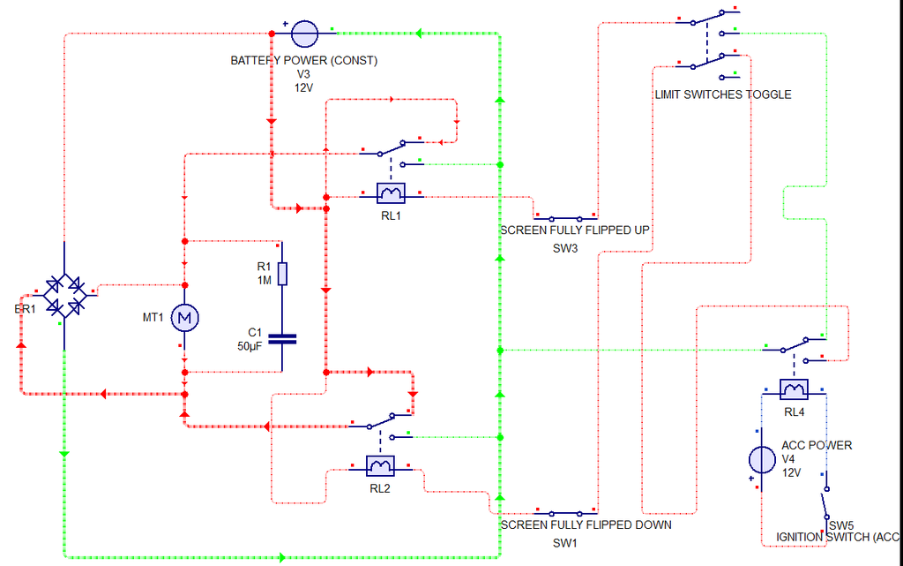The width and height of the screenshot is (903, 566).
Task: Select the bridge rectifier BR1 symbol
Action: (63, 296)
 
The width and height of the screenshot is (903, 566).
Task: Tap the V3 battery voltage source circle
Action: (304, 34)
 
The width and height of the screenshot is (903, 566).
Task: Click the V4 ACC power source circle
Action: (761, 459)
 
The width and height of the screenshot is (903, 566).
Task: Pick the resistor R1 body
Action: (282, 274)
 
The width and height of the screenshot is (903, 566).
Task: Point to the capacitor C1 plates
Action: (282, 338)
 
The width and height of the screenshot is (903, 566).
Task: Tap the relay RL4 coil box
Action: (795, 389)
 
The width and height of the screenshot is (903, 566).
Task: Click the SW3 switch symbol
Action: (564, 217)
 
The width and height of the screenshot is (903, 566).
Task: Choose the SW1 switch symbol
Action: (564, 512)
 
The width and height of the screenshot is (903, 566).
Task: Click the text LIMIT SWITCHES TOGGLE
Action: (722, 94)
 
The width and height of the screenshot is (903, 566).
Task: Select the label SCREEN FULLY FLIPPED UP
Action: (575, 230)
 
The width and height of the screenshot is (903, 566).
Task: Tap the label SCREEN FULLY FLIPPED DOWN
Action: (586, 525)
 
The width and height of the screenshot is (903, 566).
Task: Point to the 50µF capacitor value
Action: (250, 347)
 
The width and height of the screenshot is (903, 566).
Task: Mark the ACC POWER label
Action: (817, 445)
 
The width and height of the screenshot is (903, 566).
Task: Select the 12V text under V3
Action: (303, 87)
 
